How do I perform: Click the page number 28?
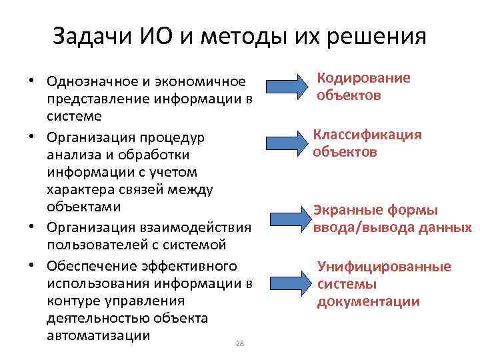click(241, 343)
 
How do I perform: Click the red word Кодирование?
click(363, 78)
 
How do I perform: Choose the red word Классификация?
click(367, 135)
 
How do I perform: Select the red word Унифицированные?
click(384, 267)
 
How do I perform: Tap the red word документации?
click(369, 301)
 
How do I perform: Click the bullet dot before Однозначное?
click(31, 81)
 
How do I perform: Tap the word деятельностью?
click(97, 318)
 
